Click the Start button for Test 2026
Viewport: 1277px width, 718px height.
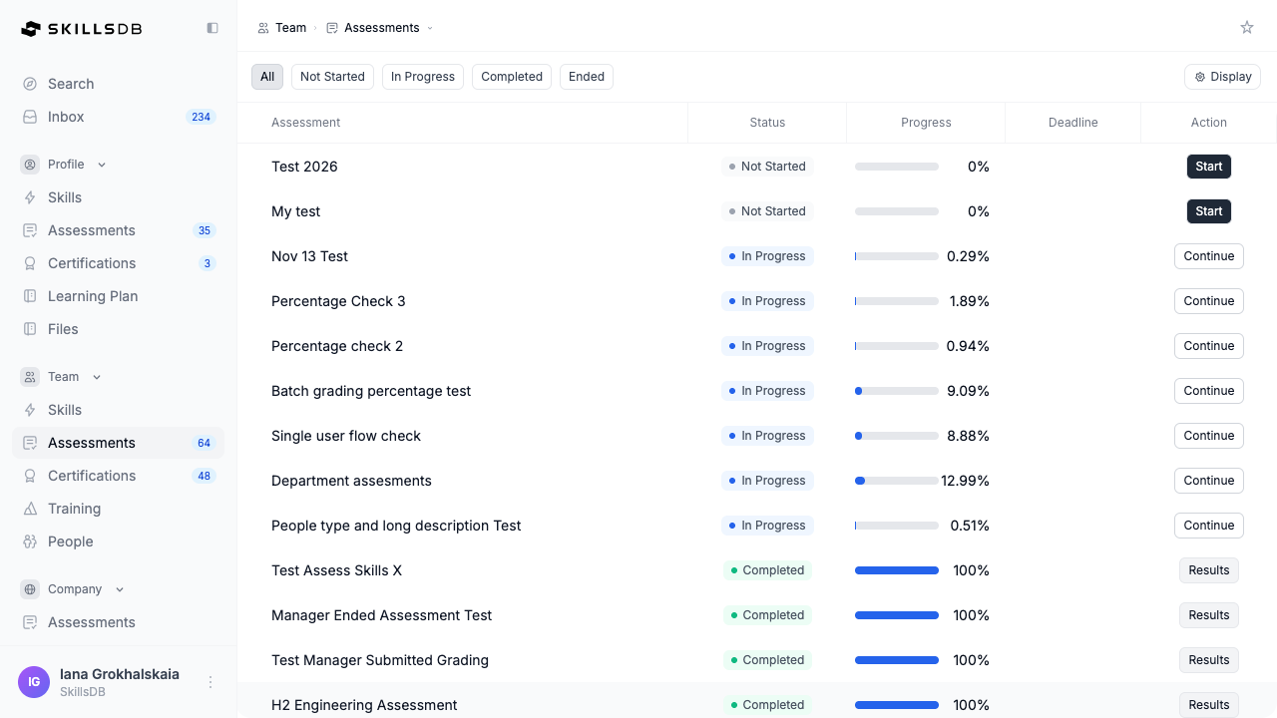click(x=1208, y=167)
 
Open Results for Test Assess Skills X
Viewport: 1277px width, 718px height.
click(x=1208, y=570)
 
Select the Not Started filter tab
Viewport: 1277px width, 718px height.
click(x=332, y=77)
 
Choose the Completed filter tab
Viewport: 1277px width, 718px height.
click(x=512, y=77)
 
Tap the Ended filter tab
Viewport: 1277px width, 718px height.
click(x=586, y=77)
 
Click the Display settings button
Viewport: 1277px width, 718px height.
click(x=1222, y=77)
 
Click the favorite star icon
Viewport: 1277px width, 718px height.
click(x=1247, y=27)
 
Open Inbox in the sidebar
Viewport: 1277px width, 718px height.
click(x=66, y=117)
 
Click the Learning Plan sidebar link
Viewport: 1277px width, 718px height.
click(x=93, y=296)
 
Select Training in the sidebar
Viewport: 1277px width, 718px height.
click(x=74, y=509)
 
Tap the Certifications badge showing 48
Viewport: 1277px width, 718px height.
click(x=205, y=476)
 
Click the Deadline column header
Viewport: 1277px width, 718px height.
click(x=1072, y=123)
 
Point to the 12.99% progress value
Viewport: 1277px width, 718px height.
click(x=965, y=481)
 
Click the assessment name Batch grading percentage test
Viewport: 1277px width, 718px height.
click(x=371, y=391)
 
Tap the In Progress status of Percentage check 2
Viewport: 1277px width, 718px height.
click(x=767, y=346)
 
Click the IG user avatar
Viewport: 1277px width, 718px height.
click(x=34, y=682)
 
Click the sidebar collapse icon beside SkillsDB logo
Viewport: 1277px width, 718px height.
click(x=213, y=28)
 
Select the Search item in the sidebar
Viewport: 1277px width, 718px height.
click(x=71, y=84)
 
